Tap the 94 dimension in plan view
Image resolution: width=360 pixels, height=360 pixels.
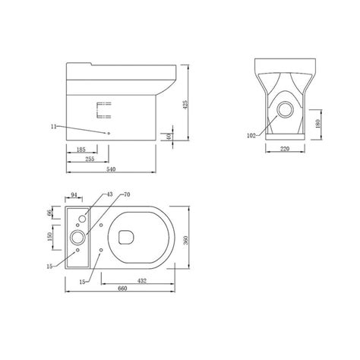click(x=75, y=196)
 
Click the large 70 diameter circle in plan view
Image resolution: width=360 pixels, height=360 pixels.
click(x=78, y=238)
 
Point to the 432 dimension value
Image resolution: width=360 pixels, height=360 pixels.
click(x=141, y=282)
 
